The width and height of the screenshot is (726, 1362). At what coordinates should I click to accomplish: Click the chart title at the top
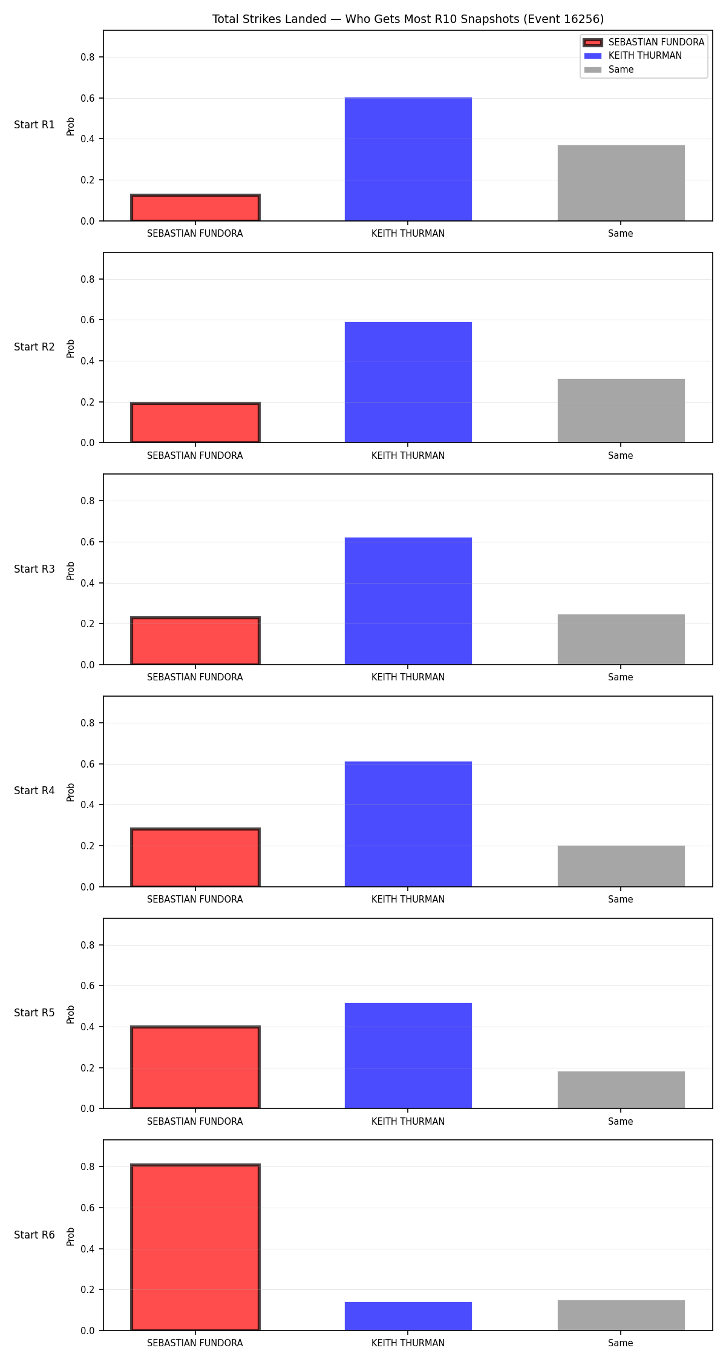click(x=408, y=19)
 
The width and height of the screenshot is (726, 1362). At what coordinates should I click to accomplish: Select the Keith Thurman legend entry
click(x=633, y=56)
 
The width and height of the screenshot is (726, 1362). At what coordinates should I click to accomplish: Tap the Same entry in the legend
click(x=609, y=70)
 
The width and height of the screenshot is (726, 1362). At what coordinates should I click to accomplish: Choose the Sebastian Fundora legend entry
click(x=644, y=42)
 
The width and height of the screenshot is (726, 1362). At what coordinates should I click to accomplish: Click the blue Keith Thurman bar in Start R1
click(x=408, y=159)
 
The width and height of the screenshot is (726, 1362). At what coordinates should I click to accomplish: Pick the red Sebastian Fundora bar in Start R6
click(x=195, y=1247)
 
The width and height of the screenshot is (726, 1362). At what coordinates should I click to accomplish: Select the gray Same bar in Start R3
click(x=621, y=639)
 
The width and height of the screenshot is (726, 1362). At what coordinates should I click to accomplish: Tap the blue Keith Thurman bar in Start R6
click(x=408, y=1316)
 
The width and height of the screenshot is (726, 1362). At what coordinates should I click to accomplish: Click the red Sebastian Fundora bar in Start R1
click(x=195, y=208)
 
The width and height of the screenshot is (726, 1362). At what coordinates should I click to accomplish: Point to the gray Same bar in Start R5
click(x=621, y=1090)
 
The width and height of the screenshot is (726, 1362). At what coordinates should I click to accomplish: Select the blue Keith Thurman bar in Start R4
click(x=408, y=824)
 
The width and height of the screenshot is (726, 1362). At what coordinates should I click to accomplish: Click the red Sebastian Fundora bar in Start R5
click(x=195, y=1067)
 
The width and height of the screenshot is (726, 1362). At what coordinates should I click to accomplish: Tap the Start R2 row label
click(x=34, y=347)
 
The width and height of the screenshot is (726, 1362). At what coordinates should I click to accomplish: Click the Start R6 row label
click(x=34, y=1235)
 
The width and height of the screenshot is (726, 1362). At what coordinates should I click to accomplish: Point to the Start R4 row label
click(x=34, y=791)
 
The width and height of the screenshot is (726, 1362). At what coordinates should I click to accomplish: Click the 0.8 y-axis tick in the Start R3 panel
click(x=88, y=501)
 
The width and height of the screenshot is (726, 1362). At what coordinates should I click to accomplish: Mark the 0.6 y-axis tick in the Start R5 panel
click(x=88, y=985)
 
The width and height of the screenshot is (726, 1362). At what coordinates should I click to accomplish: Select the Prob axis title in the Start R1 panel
click(x=71, y=126)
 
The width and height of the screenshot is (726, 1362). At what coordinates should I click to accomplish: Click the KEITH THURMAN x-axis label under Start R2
click(x=408, y=456)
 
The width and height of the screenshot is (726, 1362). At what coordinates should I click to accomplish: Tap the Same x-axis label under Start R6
click(x=621, y=1343)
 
